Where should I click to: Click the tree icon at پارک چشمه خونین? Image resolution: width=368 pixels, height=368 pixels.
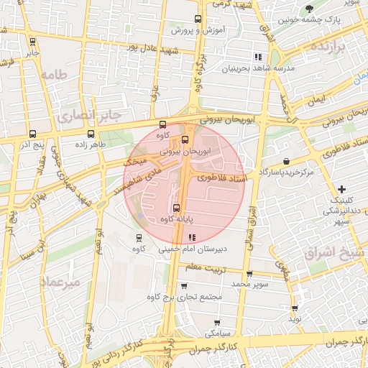pyautogui.click(x=309, y=9)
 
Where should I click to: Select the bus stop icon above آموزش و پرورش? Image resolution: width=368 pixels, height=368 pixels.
pyautogui.click(x=198, y=20)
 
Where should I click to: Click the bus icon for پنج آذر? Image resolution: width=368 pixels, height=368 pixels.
pyautogui.click(x=32, y=134)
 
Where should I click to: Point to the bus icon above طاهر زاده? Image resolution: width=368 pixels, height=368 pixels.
pyautogui.click(x=91, y=134)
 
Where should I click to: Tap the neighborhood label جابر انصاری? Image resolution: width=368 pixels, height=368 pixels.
pyautogui.click(x=91, y=114)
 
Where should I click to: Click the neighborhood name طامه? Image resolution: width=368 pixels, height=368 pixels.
pyautogui.click(x=54, y=74)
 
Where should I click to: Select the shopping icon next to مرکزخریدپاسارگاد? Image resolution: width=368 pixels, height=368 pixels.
pyautogui.click(x=287, y=162)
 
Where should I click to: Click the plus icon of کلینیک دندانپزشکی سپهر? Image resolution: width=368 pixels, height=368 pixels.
pyautogui.click(x=341, y=188)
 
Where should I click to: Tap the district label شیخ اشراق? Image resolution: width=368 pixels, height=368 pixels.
pyautogui.click(x=344, y=253)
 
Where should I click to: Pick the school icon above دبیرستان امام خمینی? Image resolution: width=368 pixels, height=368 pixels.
pyautogui.click(x=191, y=237)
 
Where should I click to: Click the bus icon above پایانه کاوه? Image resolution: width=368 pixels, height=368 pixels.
pyautogui.click(x=177, y=208)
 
